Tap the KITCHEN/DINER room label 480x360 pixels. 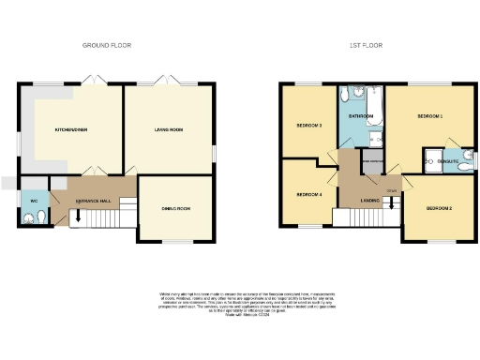click(x=70, y=129)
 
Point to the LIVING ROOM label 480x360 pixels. click(x=168, y=129)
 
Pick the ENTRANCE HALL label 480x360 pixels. click(x=94, y=201)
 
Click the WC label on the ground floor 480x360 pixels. click(x=34, y=201)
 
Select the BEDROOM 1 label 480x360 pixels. click(x=429, y=115)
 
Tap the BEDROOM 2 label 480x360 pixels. click(x=439, y=207)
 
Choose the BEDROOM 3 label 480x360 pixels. click(x=309, y=125)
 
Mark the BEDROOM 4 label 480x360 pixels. click(x=309, y=194)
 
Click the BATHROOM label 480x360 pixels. click(x=361, y=115)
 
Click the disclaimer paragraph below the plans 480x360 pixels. click(x=240, y=302)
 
